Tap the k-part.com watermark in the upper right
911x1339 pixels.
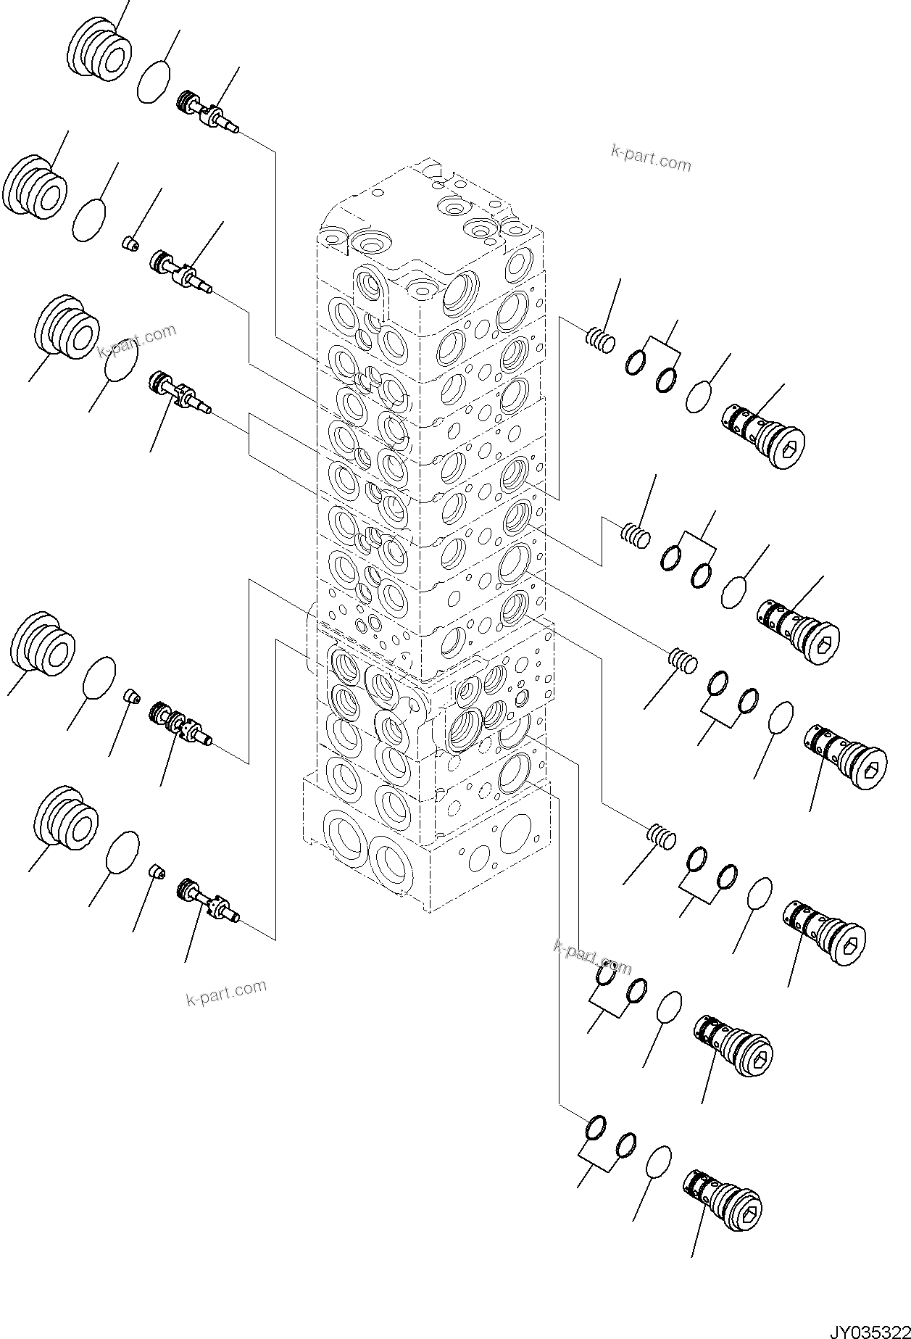point(651,157)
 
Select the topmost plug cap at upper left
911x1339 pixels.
point(101,51)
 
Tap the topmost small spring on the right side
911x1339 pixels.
point(600,338)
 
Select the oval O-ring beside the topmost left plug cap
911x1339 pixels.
point(154,78)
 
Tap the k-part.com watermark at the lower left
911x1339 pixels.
point(226,992)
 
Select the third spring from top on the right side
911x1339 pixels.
point(682,661)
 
